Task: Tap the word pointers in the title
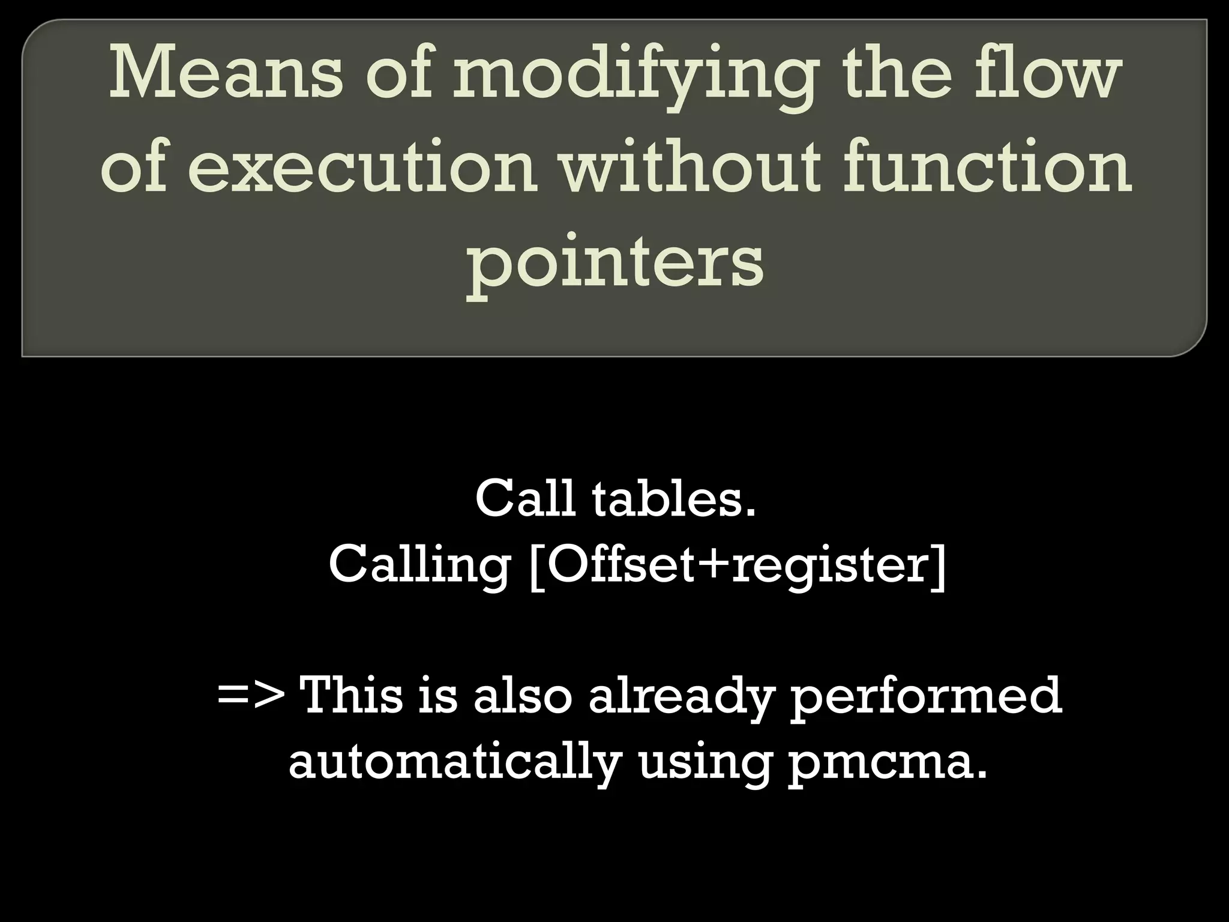[x=615, y=264]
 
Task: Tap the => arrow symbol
[x=251, y=696]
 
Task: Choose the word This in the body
[x=352, y=696]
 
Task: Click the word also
[x=523, y=696]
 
